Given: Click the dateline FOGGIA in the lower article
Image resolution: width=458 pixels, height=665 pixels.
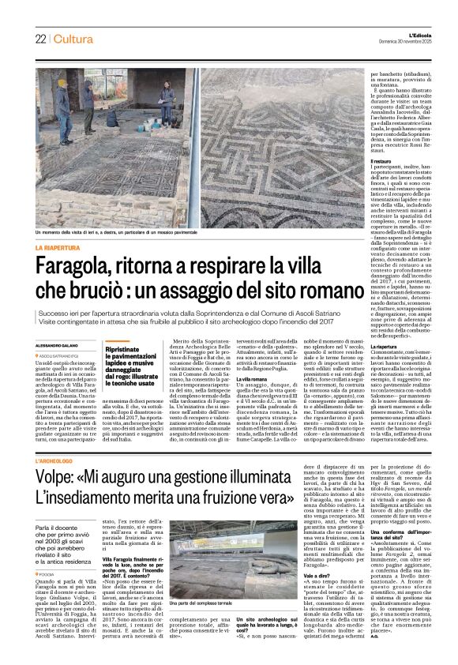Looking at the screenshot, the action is [x=49, y=554].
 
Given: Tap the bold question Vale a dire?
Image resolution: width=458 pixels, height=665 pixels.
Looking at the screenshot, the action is [x=310, y=554].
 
